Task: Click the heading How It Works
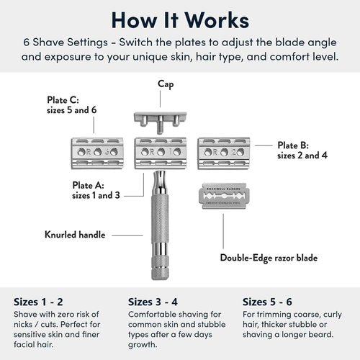[180, 19]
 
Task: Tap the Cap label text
[166, 84]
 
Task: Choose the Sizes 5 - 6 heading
[269, 301]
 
